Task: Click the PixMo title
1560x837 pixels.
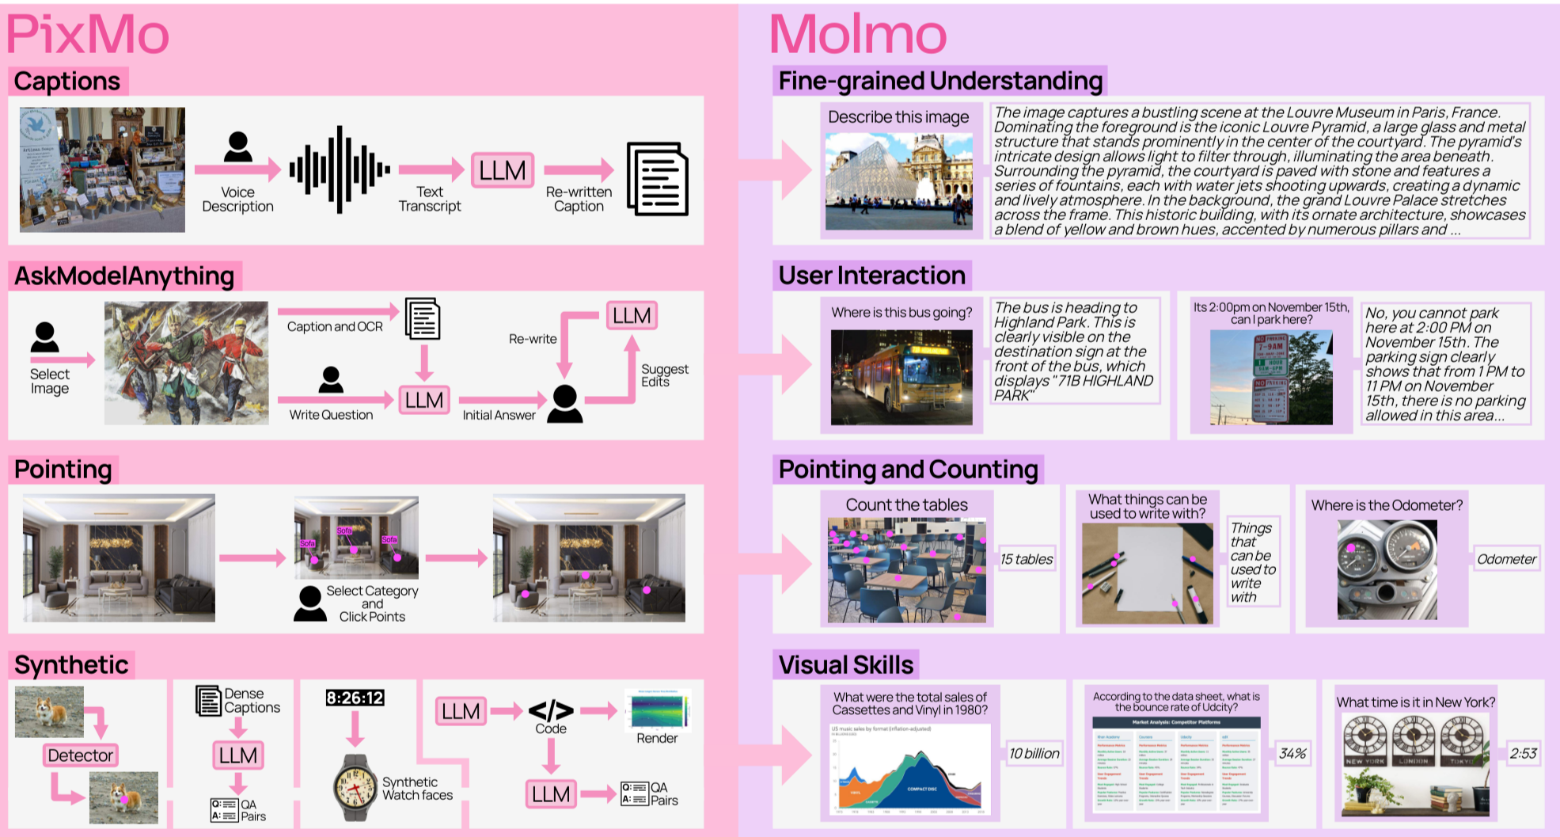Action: pos(88,35)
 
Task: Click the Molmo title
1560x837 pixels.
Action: pos(858,35)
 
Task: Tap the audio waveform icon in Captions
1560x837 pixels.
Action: pos(340,169)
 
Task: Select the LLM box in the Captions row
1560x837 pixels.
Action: pos(503,170)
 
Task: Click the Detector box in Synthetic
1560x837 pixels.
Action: pos(81,755)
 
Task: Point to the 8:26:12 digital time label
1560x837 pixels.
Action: pos(355,698)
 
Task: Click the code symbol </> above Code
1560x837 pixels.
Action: pos(551,710)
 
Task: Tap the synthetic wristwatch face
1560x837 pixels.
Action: pos(355,786)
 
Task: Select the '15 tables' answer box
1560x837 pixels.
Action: pos(1027,559)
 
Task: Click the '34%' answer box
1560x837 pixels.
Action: pos(1292,753)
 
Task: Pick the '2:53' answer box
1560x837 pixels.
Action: pos(1523,753)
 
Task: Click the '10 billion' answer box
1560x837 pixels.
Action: pos(1034,753)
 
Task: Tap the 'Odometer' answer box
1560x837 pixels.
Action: pos(1506,559)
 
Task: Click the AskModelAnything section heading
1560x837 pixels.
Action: pos(124,276)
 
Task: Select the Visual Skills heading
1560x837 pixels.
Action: pos(846,665)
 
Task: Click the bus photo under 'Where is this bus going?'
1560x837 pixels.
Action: pos(901,377)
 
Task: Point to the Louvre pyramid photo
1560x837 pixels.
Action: pos(899,181)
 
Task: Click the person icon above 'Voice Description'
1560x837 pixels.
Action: pos(237,147)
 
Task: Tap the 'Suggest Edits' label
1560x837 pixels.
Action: pos(664,375)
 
